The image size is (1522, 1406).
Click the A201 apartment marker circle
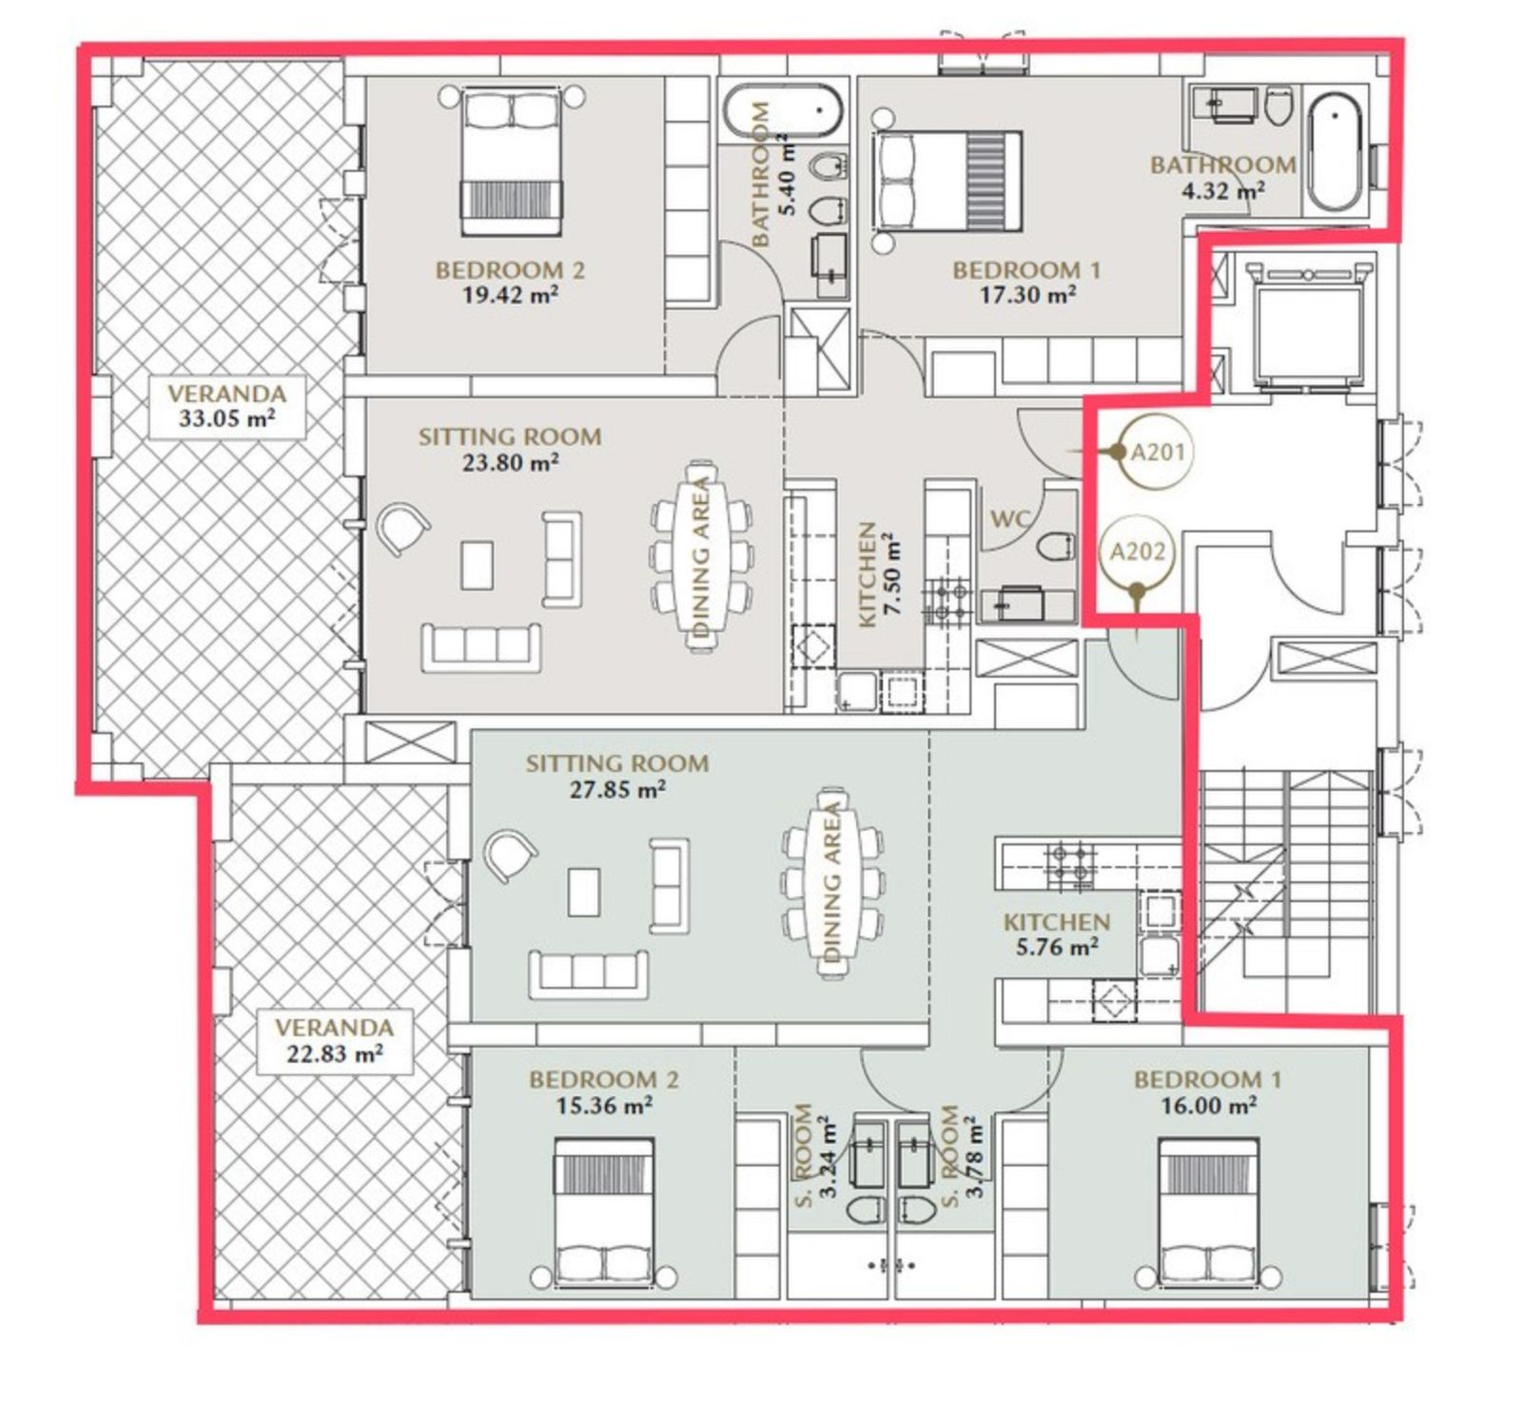click(x=1157, y=452)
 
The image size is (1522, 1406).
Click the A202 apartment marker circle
click(x=1138, y=551)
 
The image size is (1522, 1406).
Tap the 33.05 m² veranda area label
click(x=226, y=406)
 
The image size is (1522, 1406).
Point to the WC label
click(x=1010, y=519)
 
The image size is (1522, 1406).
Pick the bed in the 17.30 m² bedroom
click(x=947, y=182)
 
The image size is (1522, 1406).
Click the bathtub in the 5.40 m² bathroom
click(x=782, y=112)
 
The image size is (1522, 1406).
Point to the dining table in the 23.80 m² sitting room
click(x=702, y=556)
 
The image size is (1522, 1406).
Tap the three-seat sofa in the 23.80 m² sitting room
click(x=481, y=646)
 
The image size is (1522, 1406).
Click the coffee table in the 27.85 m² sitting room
click(x=584, y=892)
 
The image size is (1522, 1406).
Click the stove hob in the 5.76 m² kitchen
click(x=1069, y=865)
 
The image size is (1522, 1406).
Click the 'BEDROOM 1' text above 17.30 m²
click(x=1026, y=270)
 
